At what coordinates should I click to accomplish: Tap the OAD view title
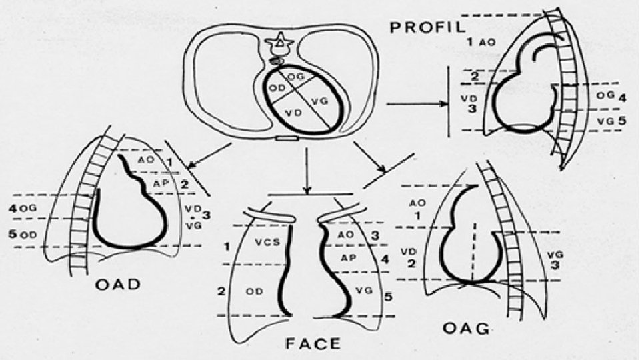coord(117,285)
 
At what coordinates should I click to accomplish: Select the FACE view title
coord(312,344)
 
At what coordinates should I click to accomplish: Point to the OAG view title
coord(467,329)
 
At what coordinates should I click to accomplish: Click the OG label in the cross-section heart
coord(296,78)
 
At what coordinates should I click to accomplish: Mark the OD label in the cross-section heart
coord(278,89)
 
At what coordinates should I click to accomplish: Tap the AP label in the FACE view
coord(346,257)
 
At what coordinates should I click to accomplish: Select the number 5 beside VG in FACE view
coord(389,297)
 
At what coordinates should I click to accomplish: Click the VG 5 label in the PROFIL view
coord(612,121)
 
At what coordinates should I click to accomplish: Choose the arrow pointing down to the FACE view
coord(306,170)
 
